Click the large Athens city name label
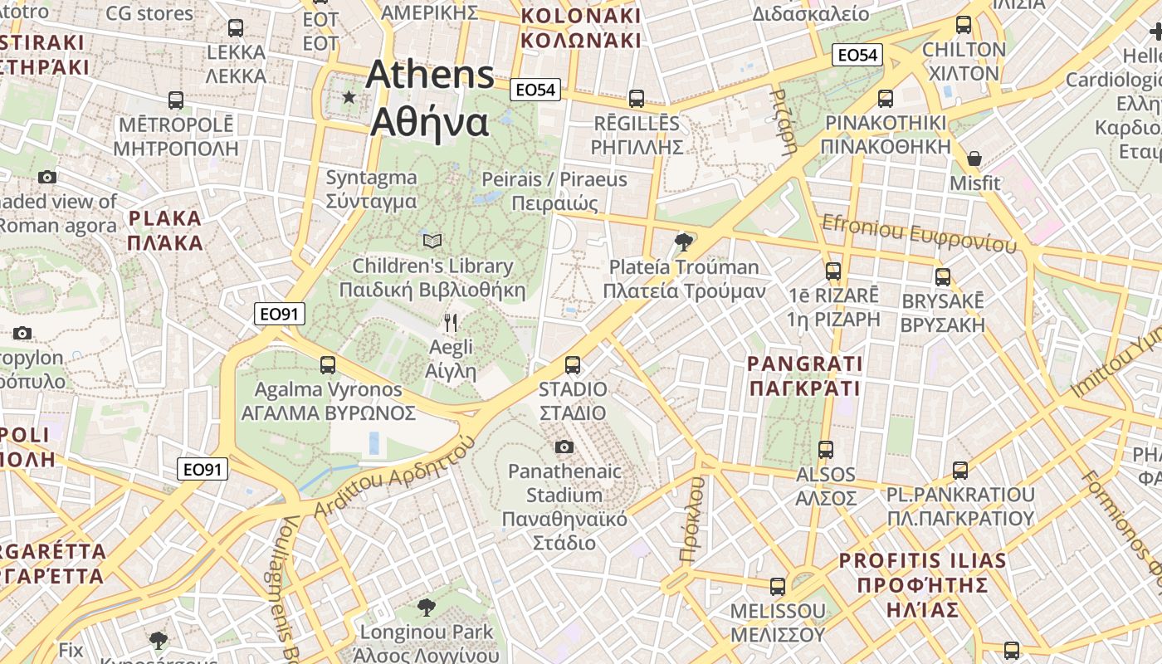[x=430, y=98]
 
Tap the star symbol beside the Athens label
[x=349, y=98]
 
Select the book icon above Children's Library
[x=432, y=241]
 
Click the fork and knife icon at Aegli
[x=451, y=322]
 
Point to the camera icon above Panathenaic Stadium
[x=564, y=447]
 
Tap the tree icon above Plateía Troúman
[x=684, y=242]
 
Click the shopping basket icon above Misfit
[x=974, y=158]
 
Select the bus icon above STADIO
[x=572, y=364]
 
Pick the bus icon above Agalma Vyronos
[x=328, y=364]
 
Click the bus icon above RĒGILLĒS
[x=637, y=99]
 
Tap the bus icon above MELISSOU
[x=778, y=587]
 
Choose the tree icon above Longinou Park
[x=427, y=607]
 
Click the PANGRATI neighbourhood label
[x=804, y=376]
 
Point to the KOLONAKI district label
[x=580, y=28]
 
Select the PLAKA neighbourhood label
[x=166, y=231]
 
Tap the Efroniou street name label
[x=918, y=233]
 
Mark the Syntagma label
[x=371, y=189]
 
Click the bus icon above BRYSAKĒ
[x=943, y=276]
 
